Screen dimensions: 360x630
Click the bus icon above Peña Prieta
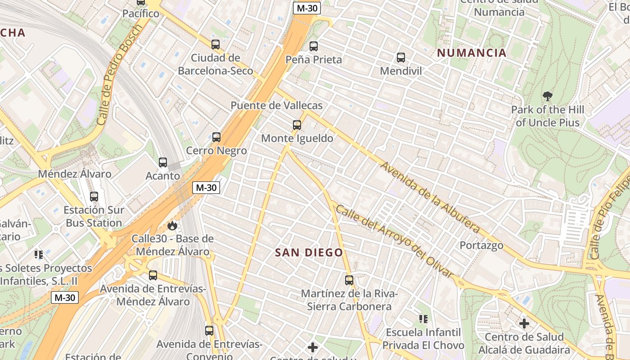point(314,46)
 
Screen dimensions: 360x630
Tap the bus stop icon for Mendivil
point(401,58)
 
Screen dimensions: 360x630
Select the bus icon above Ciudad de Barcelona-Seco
point(216,44)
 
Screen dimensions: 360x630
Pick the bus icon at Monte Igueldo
point(297,125)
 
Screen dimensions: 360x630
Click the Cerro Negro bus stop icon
point(216,137)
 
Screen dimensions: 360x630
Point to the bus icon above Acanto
point(163,162)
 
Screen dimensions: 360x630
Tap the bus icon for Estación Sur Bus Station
point(94,197)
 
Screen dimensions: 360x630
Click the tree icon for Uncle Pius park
point(548,96)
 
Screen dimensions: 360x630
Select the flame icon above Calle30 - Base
point(172,225)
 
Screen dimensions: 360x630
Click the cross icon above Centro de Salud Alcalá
point(524,324)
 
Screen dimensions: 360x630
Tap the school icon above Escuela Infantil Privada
point(423,319)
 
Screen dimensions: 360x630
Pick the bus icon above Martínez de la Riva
point(349,280)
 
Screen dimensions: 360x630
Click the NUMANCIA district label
point(472,53)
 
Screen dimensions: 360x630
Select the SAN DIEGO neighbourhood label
point(309,253)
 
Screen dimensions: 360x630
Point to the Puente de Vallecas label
point(277,105)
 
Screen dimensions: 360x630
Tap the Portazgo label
point(481,245)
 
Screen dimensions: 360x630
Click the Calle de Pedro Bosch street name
point(119,75)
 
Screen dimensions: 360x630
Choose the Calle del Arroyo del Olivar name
point(394,241)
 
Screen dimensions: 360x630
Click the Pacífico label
point(141,13)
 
